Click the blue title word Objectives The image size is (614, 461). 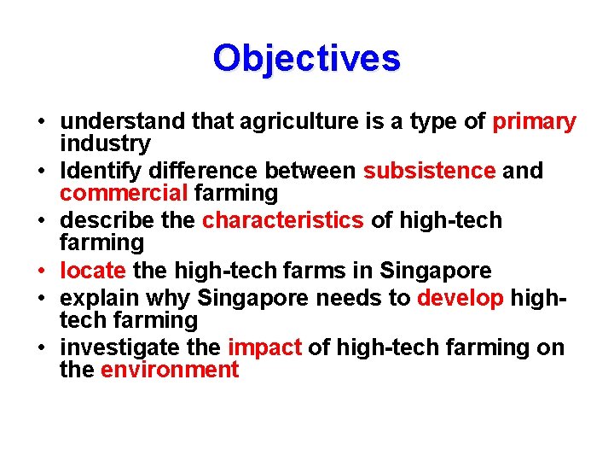pos(306,58)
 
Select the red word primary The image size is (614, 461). pos(534,122)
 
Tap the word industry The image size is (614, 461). pos(105,143)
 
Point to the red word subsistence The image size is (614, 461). pos(429,171)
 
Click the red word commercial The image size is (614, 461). pos(125,193)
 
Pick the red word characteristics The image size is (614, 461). pos(282,220)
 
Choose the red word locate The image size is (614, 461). pos(93,271)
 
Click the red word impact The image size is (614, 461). pos(264,347)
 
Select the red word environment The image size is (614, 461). pos(170,370)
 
